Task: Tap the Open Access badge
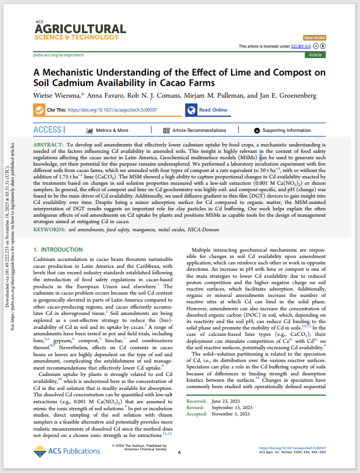314,37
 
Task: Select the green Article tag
315,55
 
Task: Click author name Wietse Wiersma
57,95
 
